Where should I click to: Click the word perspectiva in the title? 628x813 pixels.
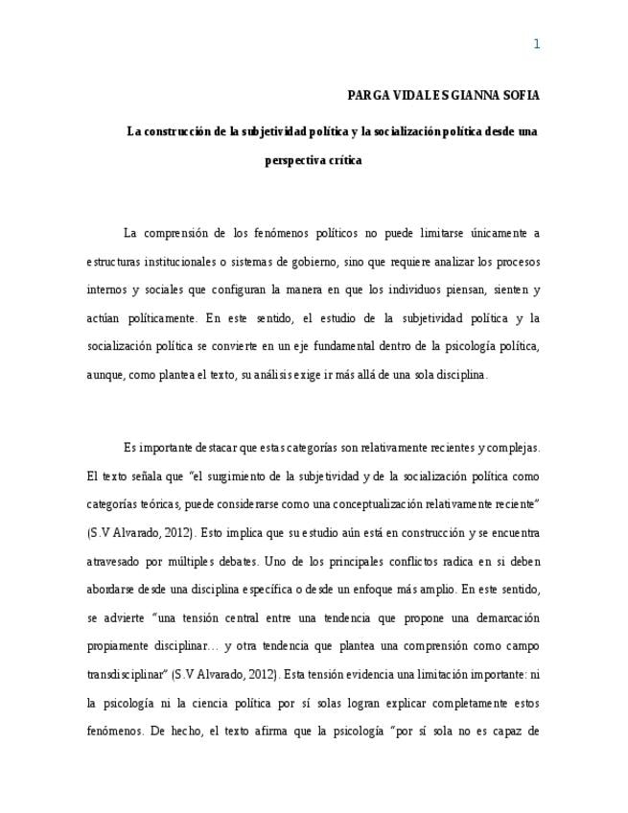[294, 161]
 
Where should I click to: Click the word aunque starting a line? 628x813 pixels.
[105, 376]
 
